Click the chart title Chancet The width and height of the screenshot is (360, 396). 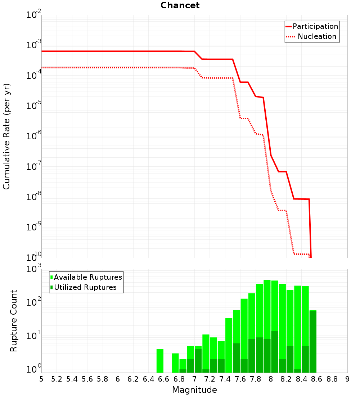tap(180, 5)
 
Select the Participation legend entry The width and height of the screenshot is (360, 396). tap(312, 26)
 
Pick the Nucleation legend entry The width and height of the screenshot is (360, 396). tap(311, 36)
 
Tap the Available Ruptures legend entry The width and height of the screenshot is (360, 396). tap(86, 277)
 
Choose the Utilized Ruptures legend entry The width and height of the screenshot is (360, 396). tap(84, 287)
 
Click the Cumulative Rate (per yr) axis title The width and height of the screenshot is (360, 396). tap(6, 136)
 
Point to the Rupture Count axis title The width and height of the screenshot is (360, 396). tap(13, 321)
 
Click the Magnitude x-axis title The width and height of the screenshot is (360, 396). tap(194, 390)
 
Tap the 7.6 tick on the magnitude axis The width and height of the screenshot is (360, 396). tap(240, 379)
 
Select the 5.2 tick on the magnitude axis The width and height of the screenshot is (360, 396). tap(57, 379)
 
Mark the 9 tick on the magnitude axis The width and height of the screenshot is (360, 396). tap(347, 379)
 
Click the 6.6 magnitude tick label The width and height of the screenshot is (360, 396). tap(163, 379)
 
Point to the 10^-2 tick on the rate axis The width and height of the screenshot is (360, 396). tap(33, 14)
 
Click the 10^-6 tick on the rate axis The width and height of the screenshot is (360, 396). tap(33, 136)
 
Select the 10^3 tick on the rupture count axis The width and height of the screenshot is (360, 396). tap(33, 269)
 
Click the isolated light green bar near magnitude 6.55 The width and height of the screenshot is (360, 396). tap(160, 361)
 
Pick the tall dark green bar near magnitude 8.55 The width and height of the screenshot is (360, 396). tap(313, 342)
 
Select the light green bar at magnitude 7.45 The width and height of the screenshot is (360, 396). tap(229, 345)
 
